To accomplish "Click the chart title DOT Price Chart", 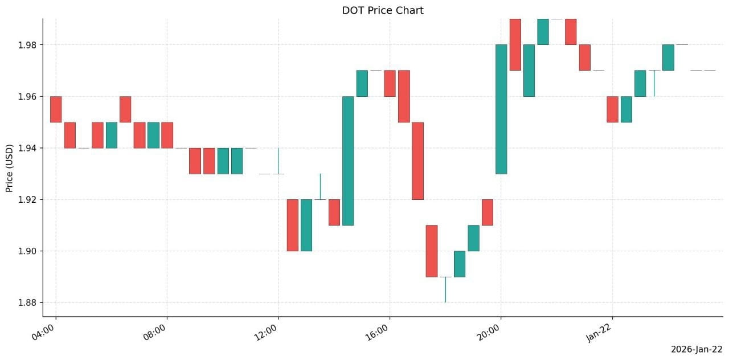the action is [x=383, y=10].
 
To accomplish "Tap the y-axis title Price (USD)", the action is [x=9, y=168].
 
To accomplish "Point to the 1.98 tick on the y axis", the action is [x=27, y=45].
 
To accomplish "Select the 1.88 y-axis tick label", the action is [x=27, y=302].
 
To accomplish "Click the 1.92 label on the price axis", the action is [x=27, y=199].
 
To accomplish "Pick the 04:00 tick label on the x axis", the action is [x=43, y=332].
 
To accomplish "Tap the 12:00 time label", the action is [x=265, y=332].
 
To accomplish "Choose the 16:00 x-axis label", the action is [x=377, y=332].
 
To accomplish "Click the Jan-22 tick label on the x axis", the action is [x=599, y=333].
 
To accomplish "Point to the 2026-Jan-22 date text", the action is [x=697, y=350].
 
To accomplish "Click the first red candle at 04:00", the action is [x=56, y=109].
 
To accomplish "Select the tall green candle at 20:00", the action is [x=501, y=109].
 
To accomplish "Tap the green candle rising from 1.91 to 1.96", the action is [x=348, y=161].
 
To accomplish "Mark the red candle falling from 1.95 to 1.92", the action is [x=417, y=161].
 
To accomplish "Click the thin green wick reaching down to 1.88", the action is [x=445, y=290].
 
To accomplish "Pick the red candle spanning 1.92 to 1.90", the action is [x=292, y=225].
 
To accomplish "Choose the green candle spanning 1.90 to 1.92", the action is [x=306, y=225].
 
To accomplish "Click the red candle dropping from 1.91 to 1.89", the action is [x=432, y=251].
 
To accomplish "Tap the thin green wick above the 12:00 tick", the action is [x=279, y=161].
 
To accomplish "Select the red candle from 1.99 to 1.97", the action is [x=515, y=44].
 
